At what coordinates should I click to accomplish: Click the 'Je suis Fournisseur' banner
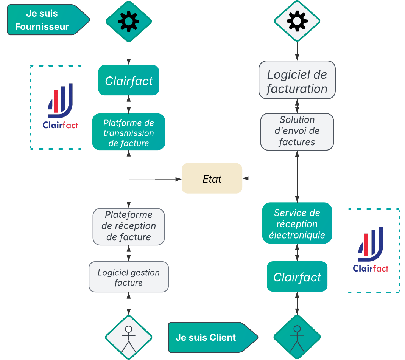[45, 20]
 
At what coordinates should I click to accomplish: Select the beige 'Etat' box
[212, 178]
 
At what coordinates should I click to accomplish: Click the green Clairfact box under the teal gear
[129, 81]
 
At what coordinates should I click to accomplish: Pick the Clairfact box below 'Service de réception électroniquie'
[297, 277]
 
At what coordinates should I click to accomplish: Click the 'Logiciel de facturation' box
[297, 81]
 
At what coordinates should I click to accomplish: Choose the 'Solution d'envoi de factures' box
[297, 131]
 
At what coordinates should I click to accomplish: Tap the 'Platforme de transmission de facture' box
[129, 133]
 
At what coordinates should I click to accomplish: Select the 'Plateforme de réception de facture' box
[129, 226]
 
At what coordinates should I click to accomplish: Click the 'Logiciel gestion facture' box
[129, 277]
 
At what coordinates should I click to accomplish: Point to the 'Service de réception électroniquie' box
[297, 223]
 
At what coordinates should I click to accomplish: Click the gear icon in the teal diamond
[129, 21]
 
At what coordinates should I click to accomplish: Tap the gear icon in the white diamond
[297, 21]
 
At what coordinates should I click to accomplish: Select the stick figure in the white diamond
[129, 338]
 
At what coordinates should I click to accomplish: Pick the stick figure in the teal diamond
[297, 338]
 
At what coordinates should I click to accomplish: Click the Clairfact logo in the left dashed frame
[61, 106]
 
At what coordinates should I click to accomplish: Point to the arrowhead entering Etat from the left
[179, 179]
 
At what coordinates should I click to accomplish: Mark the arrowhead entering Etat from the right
[245, 178]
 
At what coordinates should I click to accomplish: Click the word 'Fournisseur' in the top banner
[42, 27]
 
